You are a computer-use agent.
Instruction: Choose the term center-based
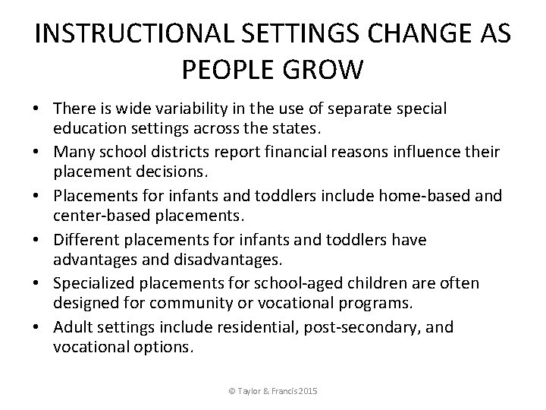point(94,218)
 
